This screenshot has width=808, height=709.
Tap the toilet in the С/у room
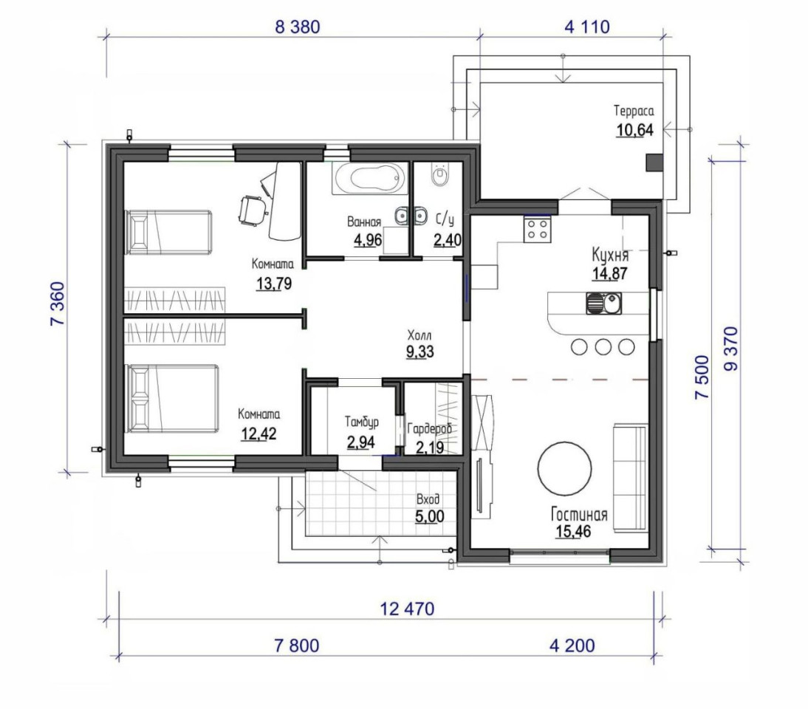439,175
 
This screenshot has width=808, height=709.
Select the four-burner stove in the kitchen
538,229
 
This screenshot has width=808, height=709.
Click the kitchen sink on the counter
603,304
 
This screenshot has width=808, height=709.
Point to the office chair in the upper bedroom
253,210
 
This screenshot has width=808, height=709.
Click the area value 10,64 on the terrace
635,130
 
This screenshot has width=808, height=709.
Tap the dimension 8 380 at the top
298,27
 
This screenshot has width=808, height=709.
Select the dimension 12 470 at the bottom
407,609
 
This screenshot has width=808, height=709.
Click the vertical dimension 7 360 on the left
57,304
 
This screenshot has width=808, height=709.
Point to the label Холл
420,336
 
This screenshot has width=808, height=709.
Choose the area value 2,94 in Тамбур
360,442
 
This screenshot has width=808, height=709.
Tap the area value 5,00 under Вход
430,516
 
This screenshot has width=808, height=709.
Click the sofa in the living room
630,478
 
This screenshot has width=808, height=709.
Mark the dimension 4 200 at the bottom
572,645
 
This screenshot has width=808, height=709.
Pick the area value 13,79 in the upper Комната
273,283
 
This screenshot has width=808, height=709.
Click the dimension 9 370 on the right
730,349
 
